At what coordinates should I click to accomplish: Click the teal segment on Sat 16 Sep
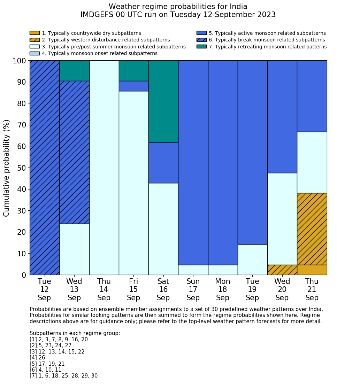pos(163,101)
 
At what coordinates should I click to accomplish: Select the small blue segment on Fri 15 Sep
pos(134,86)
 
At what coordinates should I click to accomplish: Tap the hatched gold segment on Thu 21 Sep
pos(312,229)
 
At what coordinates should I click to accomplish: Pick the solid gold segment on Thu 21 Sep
pos(312,270)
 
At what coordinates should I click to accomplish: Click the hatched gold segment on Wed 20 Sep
pos(282,270)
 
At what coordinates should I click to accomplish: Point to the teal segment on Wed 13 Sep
pos(74,71)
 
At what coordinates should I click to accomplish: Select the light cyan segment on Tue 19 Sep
pos(252,259)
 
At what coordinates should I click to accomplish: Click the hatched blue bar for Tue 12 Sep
pos(45,168)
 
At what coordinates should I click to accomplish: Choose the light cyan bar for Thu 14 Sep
pos(104,168)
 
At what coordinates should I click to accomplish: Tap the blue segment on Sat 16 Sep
pos(163,163)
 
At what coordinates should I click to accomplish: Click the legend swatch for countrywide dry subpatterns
pos(35,33)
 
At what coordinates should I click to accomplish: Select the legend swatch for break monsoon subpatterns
pos(201,40)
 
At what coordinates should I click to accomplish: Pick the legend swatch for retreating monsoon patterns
pos(201,47)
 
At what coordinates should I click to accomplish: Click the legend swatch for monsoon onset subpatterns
pos(35,53)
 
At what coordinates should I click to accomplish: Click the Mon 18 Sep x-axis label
pos(223,289)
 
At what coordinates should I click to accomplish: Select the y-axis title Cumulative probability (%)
pos(7,168)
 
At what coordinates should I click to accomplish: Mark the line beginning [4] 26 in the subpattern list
pos(37,358)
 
